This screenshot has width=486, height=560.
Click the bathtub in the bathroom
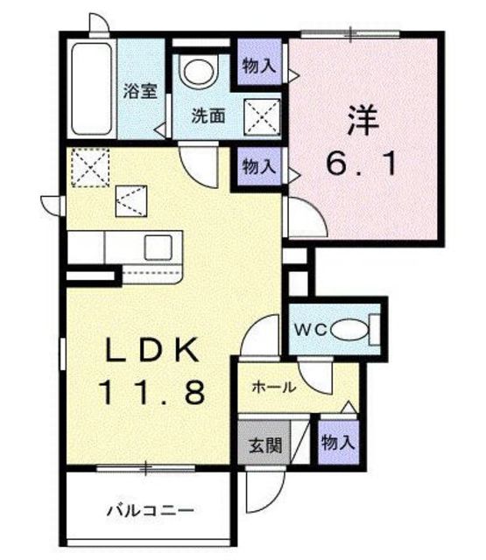92,88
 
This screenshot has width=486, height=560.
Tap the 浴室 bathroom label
140,91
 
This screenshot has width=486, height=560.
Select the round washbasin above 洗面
198,72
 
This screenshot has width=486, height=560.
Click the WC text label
310,330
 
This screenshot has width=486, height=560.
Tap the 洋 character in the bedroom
363,120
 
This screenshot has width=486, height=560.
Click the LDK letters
151,350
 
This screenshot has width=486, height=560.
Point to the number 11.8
153,391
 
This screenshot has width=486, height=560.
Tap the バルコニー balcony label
151,510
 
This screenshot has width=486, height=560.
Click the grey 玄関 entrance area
264,443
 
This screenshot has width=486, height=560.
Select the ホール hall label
274,387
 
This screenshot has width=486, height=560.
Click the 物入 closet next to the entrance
338,443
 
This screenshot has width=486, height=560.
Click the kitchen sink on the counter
158,248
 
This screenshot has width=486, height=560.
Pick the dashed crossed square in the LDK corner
90,167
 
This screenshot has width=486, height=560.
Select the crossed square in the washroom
262,116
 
